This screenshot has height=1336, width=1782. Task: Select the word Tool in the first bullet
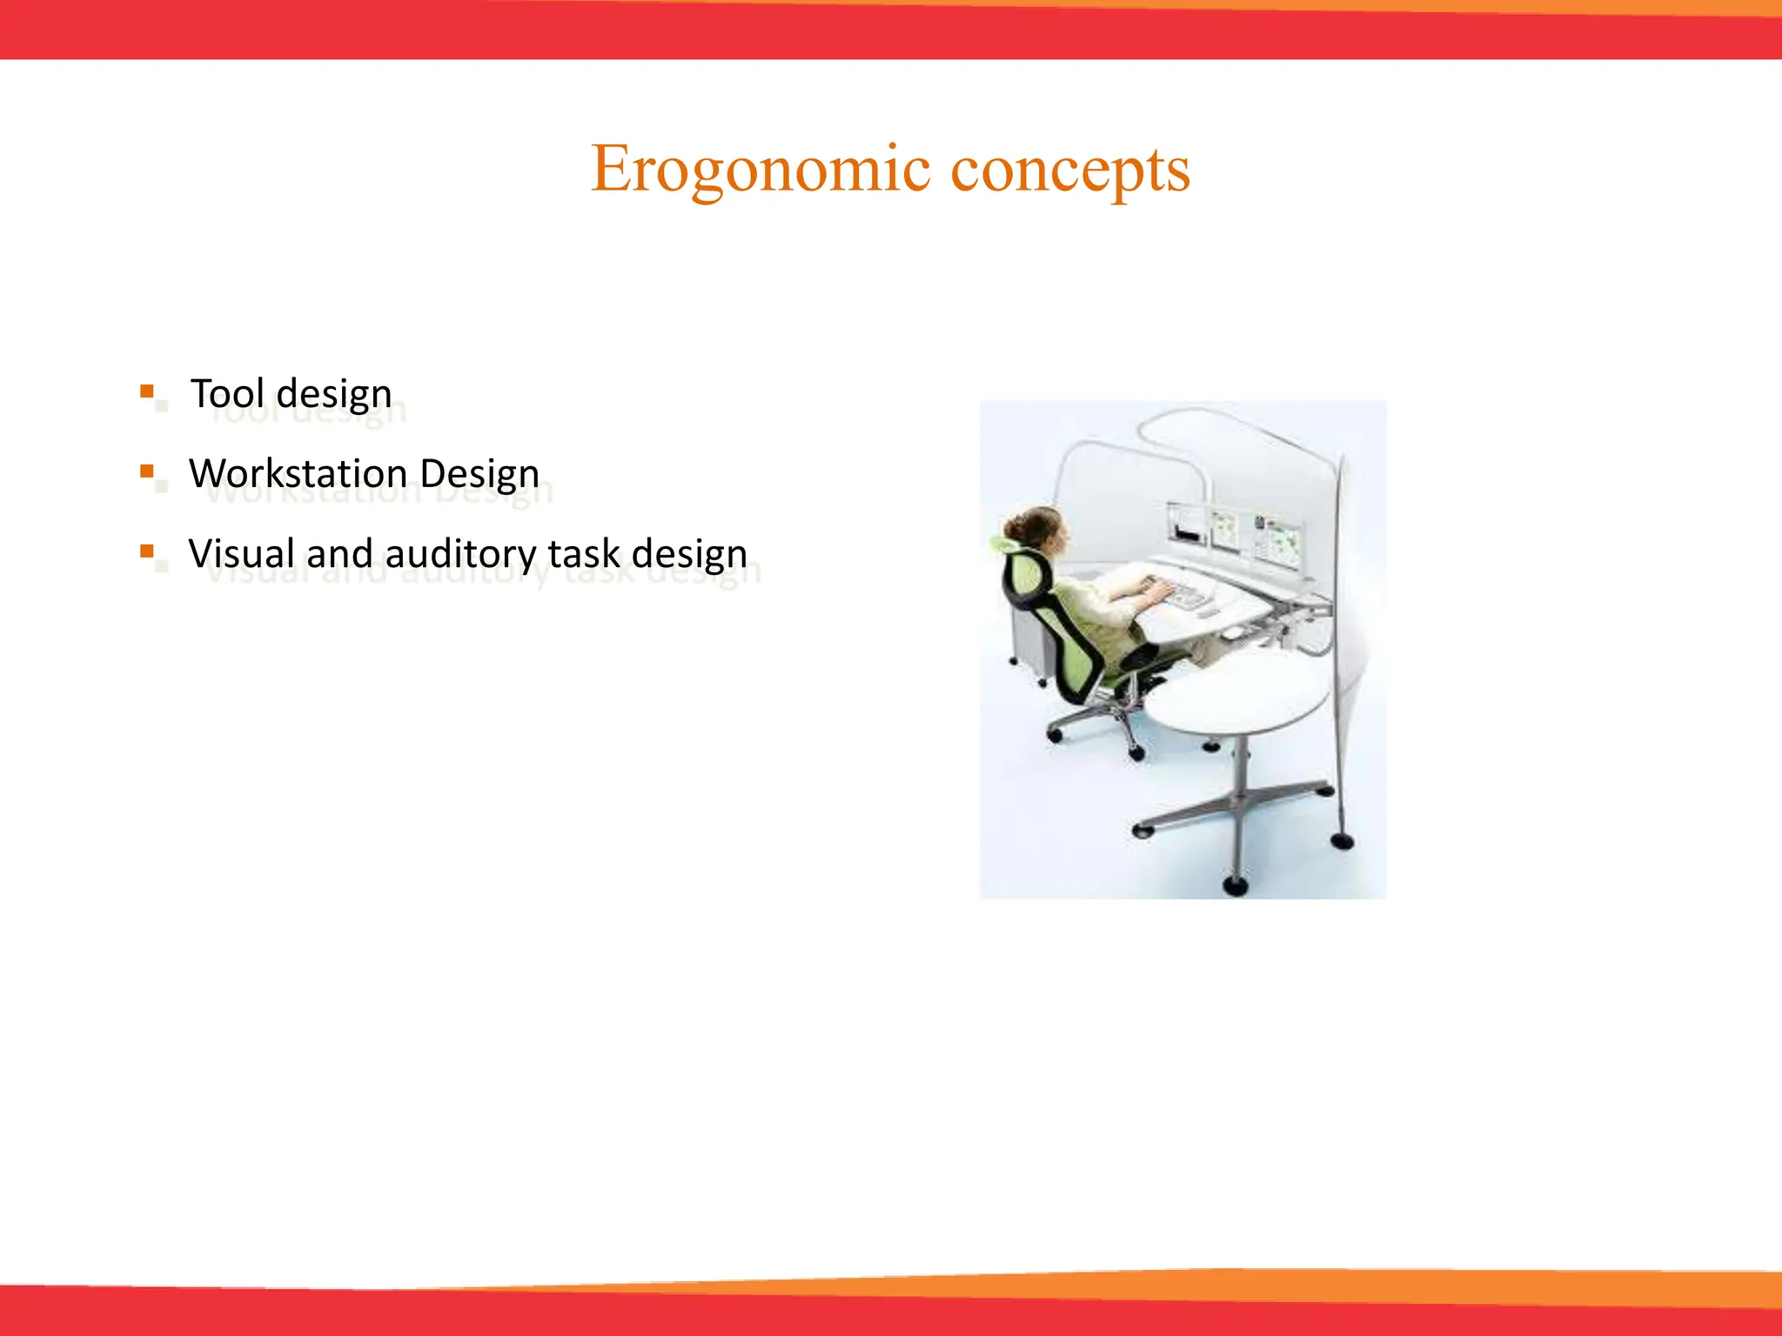click(x=227, y=393)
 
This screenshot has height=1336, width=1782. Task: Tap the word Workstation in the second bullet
click(x=298, y=474)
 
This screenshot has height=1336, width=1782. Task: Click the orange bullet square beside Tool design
click(x=147, y=391)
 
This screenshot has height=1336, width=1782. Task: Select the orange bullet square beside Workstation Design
click(x=147, y=471)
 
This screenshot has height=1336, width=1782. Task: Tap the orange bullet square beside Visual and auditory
click(x=147, y=551)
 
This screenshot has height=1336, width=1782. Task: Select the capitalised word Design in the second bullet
click(x=479, y=474)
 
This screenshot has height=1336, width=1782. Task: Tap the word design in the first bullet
click(x=334, y=393)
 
